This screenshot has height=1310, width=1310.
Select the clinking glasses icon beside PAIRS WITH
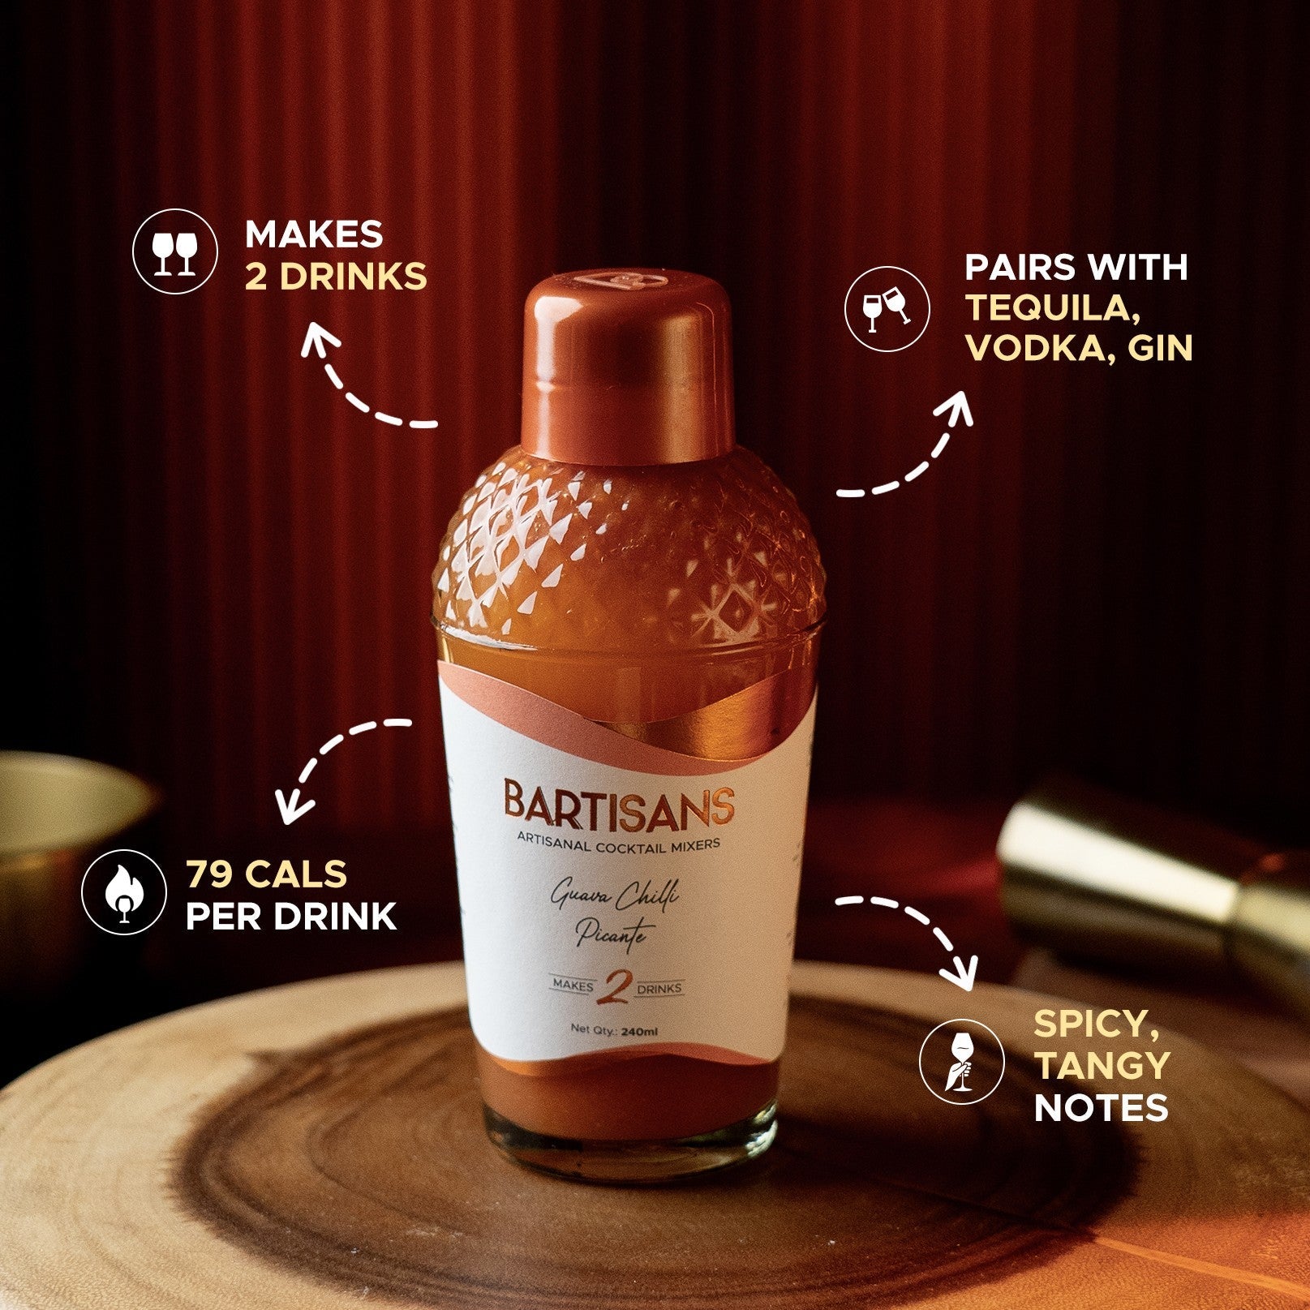[887, 309]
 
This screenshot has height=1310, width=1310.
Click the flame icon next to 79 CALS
[124, 891]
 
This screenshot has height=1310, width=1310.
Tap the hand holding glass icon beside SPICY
[962, 1060]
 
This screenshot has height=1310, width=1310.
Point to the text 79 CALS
[266, 875]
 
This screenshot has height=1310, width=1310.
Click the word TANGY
[1102, 1065]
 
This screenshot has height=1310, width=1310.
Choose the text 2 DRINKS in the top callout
[336, 277]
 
